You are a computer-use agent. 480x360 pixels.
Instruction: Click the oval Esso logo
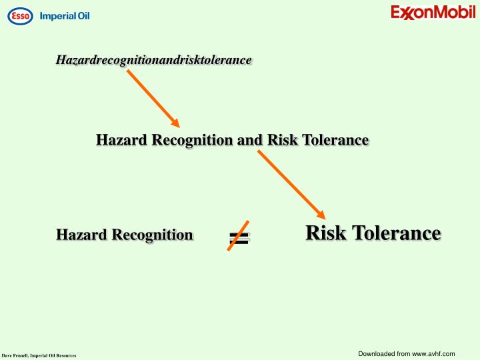[x=20, y=15]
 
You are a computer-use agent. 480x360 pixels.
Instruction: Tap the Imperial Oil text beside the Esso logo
[x=65, y=16]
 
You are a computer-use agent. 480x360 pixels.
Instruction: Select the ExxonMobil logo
[x=433, y=13]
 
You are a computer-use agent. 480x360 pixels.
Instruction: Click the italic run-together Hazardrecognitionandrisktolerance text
[x=153, y=60]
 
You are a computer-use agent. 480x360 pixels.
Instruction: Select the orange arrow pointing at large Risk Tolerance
[x=291, y=184]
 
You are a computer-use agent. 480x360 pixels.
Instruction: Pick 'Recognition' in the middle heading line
[x=194, y=140]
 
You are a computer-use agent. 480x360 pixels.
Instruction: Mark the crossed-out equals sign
[x=239, y=236]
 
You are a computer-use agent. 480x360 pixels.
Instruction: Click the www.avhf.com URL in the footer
[x=433, y=353]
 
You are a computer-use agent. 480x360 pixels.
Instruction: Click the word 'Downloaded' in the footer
[x=376, y=353]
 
